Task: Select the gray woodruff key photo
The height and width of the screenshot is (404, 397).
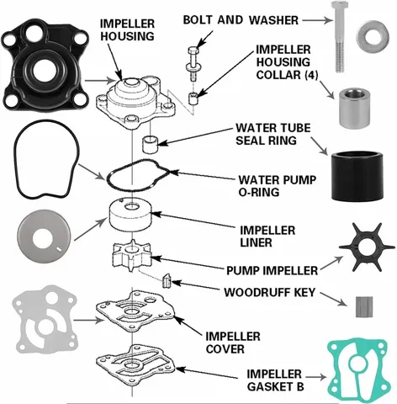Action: click(x=364, y=306)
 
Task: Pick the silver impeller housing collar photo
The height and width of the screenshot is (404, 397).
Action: click(x=354, y=109)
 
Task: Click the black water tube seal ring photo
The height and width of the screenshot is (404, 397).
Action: click(x=357, y=177)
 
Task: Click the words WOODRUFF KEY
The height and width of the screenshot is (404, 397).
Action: click(x=270, y=292)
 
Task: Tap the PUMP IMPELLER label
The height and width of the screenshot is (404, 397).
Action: click(x=272, y=270)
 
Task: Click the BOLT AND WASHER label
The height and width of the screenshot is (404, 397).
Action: click(x=241, y=20)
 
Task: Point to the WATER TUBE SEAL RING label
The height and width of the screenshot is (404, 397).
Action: click(x=273, y=134)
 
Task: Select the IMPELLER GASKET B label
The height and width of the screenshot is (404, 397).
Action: click(x=275, y=380)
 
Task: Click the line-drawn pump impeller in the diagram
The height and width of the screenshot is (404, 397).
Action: click(x=131, y=255)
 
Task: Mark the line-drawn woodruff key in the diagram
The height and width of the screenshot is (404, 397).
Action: click(x=167, y=280)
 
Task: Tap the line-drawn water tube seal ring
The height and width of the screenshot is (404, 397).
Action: click(x=151, y=144)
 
